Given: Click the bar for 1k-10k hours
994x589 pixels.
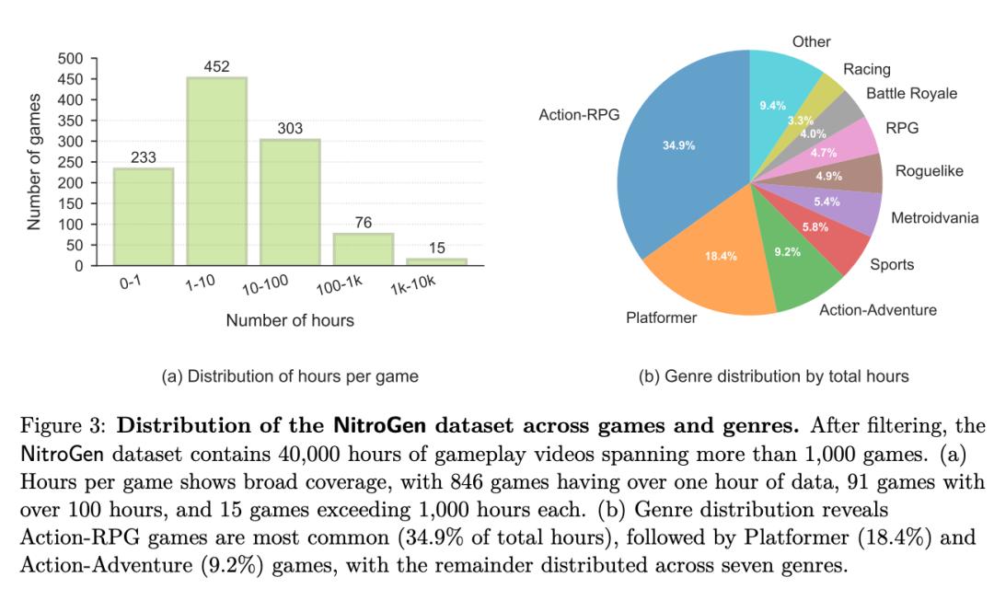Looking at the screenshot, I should (x=437, y=261).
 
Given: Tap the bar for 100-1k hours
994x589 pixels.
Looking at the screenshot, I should (x=364, y=249).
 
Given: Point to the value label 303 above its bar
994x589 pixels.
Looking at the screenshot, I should (x=291, y=129).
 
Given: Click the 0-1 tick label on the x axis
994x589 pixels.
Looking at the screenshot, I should (x=130, y=283).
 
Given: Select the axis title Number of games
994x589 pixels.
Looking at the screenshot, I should (x=34, y=161).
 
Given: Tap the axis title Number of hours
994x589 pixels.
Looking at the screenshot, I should (x=290, y=321).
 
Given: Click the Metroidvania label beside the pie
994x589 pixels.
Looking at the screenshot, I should (x=934, y=218).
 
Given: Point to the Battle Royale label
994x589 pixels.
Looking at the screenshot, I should (x=911, y=94).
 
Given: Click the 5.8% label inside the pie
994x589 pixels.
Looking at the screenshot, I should (x=815, y=226).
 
